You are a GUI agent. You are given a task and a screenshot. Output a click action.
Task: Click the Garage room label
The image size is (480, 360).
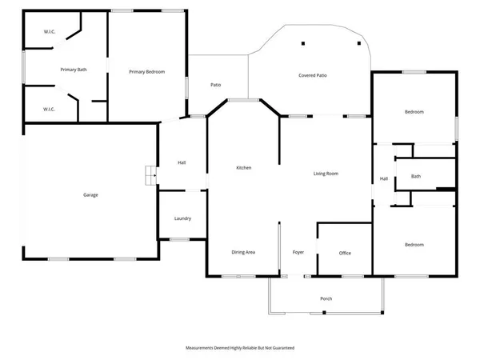(91, 194)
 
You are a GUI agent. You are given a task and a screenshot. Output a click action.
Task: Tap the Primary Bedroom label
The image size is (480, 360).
(147, 72)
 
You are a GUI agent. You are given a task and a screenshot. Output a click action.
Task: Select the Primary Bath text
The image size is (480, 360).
(74, 70)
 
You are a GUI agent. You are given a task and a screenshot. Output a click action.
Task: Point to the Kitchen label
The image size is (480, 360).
(244, 168)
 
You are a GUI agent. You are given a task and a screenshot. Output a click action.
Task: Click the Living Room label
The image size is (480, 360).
(326, 173)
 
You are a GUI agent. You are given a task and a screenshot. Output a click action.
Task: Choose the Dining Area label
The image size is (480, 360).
(243, 252)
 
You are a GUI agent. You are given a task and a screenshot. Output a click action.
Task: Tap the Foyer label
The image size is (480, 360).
(298, 252)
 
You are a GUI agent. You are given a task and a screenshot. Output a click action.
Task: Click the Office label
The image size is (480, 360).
(345, 253)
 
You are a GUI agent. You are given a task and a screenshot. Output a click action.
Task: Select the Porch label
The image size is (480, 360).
(326, 298)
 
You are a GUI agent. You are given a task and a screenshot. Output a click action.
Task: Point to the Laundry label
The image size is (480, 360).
(182, 218)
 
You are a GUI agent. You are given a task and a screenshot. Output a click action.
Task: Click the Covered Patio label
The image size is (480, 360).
(313, 75)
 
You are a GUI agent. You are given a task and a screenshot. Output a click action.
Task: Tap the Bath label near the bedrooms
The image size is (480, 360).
(416, 176)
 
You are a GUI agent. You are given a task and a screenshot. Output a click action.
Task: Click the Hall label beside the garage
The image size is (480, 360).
(182, 163)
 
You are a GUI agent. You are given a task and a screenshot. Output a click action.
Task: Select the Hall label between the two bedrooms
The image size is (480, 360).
(384, 178)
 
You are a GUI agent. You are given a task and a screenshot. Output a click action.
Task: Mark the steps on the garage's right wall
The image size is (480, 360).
(148, 174)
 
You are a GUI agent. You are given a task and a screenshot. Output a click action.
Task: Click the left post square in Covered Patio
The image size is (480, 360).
(303, 43)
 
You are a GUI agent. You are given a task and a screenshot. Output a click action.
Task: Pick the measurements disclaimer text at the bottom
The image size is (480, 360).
(240, 348)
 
